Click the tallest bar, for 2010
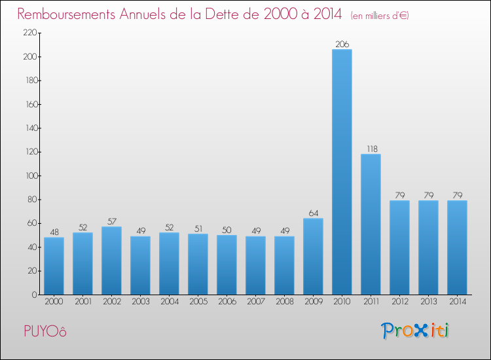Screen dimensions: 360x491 [342, 171]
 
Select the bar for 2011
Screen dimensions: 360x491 [371, 224]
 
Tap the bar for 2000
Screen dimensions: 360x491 [54, 266]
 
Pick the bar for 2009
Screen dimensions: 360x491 [313, 256]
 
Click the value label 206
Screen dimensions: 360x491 [342, 44]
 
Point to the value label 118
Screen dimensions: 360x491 [371, 149]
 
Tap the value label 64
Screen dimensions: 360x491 [313, 213]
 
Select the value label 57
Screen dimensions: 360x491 [111, 221]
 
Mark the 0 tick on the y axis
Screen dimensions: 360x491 [32, 295]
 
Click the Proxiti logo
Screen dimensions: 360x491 [415, 331]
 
